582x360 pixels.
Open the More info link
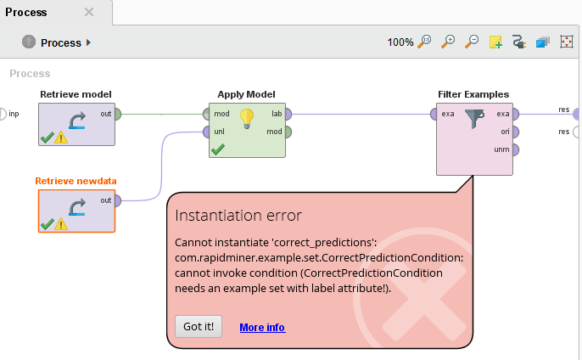[262, 327]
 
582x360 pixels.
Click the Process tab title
[26, 13]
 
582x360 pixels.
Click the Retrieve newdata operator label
[76, 181]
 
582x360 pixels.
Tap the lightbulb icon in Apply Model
[247, 118]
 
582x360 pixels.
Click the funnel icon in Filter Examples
[474, 120]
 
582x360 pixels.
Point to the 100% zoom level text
[400, 42]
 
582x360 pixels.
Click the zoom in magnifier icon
[449, 42]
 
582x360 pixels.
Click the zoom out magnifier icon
[473, 42]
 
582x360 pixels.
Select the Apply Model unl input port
[205, 132]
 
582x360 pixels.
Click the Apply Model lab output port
[288, 114]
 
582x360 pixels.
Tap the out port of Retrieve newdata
[117, 200]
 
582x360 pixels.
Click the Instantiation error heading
[238, 216]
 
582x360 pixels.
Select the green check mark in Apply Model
[218, 149]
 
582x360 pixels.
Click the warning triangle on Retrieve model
[61, 138]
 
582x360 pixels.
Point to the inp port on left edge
[3, 114]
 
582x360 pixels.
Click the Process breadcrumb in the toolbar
[60, 42]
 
